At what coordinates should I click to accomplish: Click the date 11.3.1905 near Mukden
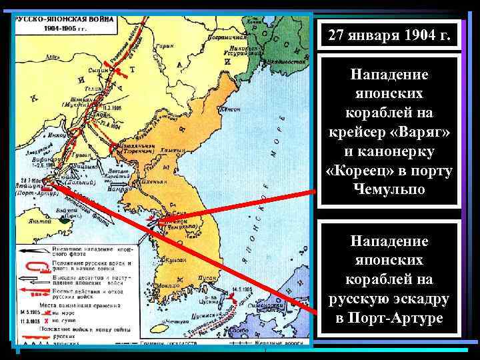[x=111, y=105]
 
